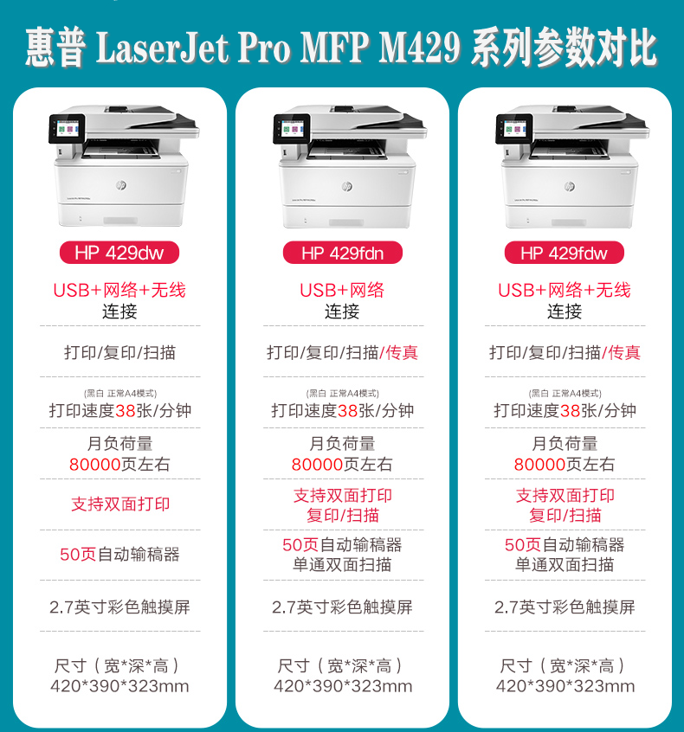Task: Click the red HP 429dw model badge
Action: click(x=119, y=253)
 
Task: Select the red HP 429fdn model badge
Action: click(x=342, y=253)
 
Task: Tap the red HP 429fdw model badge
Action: click(x=565, y=253)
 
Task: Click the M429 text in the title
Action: click(x=420, y=48)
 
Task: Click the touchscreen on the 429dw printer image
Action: click(x=66, y=128)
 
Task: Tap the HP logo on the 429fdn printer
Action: click(x=347, y=187)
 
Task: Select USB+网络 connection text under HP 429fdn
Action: click(x=342, y=290)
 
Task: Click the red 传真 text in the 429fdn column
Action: click(x=401, y=352)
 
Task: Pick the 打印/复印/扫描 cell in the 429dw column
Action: click(x=119, y=352)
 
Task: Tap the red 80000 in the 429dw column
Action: click(x=95, y=465)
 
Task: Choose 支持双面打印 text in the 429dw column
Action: click(x=119, y=504)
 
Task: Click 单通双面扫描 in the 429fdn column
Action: click(x=342, y=565)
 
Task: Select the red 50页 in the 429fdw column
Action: click(x=523, y=545)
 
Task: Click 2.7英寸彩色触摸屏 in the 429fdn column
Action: click(x=342, y=607)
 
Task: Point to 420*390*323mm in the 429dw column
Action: click(x=119, y=687)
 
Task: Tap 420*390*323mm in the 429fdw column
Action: click(x=565, y=687)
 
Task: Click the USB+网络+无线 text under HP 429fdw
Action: click(x=565, y=290)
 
